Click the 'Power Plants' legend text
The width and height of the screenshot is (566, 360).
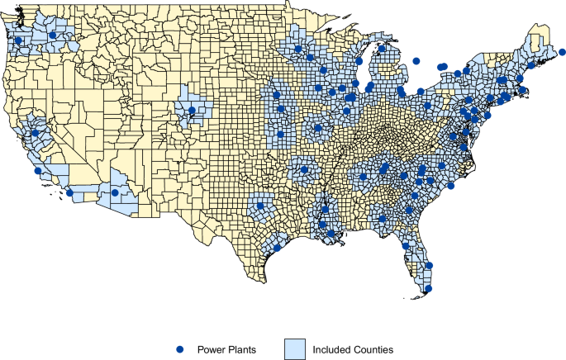coord(226,350)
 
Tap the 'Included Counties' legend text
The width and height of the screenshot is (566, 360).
coord(352,350)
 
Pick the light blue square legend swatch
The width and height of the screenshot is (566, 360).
coord(294,349)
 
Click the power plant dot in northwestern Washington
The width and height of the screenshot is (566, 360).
coord(18,40)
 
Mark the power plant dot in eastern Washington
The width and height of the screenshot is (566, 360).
coord(53,36)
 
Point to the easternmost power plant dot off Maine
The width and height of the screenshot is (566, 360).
coord(562,52)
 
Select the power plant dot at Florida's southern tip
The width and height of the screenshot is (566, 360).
coord(428,288)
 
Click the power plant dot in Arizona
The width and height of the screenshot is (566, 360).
coord(114,192)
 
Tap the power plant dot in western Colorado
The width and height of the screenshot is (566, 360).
coord(192,110)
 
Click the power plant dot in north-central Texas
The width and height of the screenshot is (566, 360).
coord(260,206)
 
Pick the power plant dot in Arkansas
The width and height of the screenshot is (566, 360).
coord(304,169)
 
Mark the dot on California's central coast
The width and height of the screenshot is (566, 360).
coord(37,171)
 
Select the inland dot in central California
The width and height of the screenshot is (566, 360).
coord(35,133)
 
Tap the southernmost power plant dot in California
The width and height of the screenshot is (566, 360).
coord(70,192)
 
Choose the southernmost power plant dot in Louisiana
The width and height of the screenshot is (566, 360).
coord(331,234)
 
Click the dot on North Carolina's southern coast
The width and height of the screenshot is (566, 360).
coord(451,186)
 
